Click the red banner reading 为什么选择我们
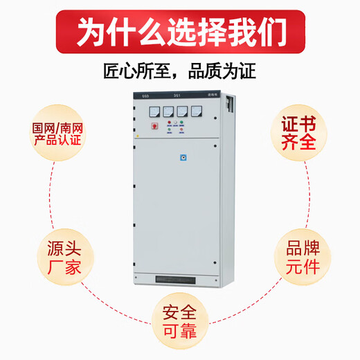(180, 32)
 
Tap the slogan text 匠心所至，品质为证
(180, 70)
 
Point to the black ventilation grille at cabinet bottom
(181, 280)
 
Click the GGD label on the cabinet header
(145, 96)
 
